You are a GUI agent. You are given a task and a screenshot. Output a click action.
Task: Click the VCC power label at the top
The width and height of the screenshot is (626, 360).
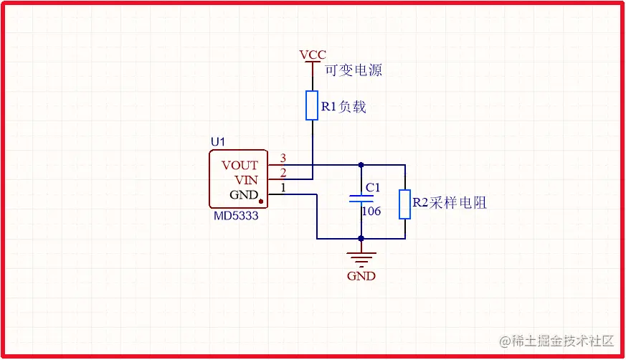click(313, 55)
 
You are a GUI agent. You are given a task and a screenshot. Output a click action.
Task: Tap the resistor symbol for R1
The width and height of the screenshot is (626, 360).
click(312, 105)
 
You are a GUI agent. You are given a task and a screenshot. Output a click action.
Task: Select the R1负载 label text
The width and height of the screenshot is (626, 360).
click(343, 107)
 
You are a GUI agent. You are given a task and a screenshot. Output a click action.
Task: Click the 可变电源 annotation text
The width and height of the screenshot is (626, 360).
click(354, 70)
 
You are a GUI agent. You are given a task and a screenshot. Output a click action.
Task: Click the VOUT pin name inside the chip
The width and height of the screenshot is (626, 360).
click(240, 165)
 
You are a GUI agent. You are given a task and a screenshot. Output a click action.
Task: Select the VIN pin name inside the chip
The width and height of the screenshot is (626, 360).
click(246, 179)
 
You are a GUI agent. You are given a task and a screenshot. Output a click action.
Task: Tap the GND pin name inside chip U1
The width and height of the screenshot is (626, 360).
click(243, 194)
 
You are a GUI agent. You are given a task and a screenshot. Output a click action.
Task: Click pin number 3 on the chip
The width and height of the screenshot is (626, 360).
click(283, 158)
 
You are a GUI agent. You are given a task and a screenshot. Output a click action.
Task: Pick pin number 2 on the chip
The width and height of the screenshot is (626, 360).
click(283, 172)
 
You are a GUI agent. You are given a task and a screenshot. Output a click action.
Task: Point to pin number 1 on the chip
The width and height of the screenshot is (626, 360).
click(283, 187)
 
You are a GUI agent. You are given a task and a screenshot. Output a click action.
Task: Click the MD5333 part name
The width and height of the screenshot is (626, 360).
click(235, 215)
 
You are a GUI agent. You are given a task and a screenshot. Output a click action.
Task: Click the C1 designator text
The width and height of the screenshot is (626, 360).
click(373, 188)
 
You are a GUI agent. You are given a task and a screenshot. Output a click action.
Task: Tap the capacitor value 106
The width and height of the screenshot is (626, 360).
click(371, 212)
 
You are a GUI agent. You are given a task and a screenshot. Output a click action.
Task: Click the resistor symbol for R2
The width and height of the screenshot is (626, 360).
click(404, 204)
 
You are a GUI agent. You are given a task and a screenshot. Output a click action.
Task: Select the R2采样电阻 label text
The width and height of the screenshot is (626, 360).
click(449, 203)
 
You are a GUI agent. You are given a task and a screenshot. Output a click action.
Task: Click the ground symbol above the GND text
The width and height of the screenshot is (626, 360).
click(361, 257)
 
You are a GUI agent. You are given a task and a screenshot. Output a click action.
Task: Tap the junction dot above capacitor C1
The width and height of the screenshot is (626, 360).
click(361, 165)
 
